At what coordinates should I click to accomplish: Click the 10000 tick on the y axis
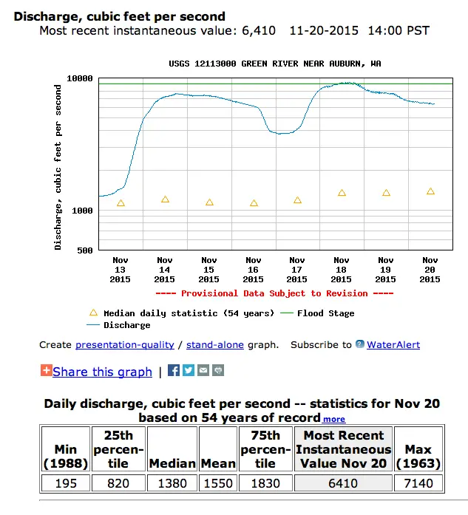[81, 78]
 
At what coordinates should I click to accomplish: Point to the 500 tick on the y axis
[85, 250]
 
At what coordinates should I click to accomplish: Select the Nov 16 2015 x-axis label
[254, 270]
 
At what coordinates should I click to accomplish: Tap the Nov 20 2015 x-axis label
[430, 270]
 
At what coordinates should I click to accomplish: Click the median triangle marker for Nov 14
[165, 199]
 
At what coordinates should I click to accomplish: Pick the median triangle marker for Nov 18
[342, 193]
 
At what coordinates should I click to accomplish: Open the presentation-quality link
[124, 345]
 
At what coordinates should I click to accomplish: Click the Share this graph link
[102, 372]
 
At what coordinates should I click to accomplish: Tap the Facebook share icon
[174, 370]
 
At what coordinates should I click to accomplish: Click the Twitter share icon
[189, 370]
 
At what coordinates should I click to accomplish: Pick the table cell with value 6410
[343, 483]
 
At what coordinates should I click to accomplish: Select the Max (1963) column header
[418, 449]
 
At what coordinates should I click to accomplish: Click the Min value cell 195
[66, 483]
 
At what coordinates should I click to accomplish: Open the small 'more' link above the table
[333, 419]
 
